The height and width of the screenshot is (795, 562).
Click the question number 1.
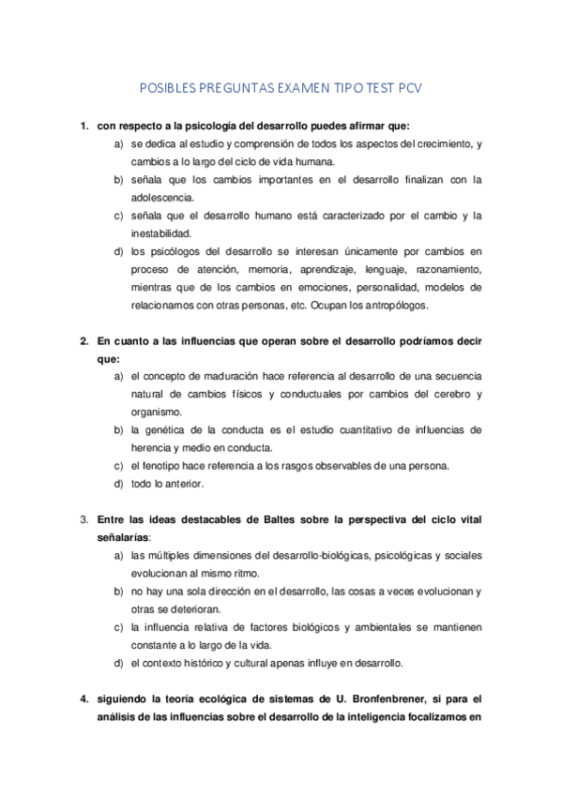[x=84, y=126]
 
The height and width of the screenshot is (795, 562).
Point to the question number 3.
[x=84, y=518]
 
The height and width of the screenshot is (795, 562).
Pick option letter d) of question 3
[x=118, y=664]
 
